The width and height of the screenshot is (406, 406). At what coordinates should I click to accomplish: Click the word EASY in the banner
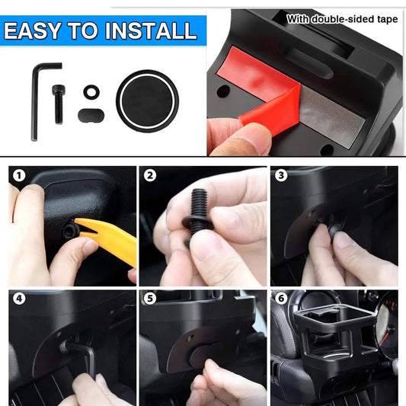32,30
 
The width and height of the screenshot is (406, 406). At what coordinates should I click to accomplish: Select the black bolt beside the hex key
59,104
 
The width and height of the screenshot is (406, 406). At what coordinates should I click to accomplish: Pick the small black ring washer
91,91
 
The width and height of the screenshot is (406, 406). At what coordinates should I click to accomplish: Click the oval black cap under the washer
91,115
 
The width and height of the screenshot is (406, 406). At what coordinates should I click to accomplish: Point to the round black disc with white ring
147,101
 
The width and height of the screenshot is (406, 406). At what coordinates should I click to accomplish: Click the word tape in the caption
387,19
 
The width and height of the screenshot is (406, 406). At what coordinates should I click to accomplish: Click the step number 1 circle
19,176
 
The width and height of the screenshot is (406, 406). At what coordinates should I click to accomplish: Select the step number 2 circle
150,176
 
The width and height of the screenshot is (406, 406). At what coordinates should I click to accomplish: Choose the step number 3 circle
281,175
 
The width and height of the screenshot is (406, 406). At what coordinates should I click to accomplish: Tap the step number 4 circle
19,299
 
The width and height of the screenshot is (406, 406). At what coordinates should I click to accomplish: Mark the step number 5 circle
150,299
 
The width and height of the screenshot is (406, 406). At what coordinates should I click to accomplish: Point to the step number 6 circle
281,299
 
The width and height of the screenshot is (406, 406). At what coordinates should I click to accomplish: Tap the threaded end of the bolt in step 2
199,201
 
